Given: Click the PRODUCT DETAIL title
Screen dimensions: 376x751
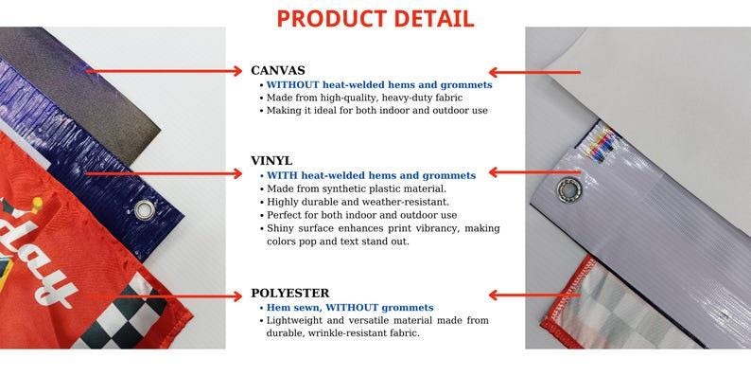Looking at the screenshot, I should [x=375, y=18].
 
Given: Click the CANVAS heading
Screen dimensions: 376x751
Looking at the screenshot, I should [x=277, y=70].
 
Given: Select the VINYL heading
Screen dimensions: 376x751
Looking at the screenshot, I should [x=271, y=161].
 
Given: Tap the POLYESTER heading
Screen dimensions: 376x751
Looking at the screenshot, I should [x=289, y=294].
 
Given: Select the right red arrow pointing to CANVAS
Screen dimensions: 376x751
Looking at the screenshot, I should [x=534, y=72].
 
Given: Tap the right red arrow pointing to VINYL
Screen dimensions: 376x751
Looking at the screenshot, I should [x=521, y=173].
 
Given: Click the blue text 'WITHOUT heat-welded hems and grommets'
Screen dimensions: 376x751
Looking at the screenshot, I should [x=378, y=84].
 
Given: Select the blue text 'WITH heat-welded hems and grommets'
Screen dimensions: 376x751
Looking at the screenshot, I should [x=371, y=175].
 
